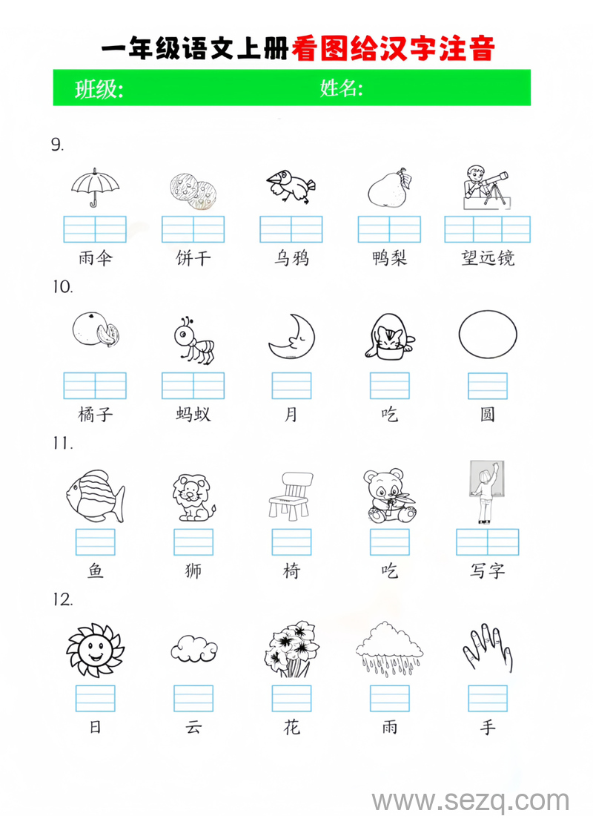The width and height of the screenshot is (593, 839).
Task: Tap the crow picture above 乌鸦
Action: coord(291,186)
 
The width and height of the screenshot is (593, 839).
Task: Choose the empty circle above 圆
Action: coord(487,335)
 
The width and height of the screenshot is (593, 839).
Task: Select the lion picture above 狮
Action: coord(193,496)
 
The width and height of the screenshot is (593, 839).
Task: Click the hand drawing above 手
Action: coord(487,648)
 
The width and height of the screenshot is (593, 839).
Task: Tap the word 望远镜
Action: coord(487,258)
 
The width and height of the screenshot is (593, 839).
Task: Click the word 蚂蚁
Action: coord(193,414)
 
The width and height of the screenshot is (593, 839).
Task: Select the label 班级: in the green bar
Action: coord(99,90)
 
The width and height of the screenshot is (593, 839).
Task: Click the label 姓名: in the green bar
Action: coord(341,89)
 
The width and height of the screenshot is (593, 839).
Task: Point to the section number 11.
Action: coord(62,444)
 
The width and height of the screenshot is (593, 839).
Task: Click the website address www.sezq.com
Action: coord(470,802)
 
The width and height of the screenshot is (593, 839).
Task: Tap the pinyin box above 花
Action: coord(291,698)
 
